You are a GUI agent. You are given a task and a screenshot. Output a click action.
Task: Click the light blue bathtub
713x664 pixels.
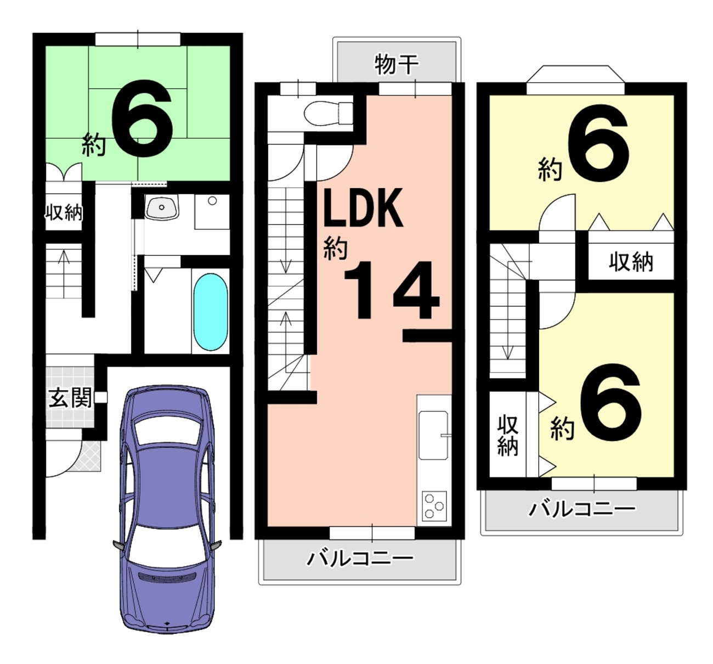pyautogui.click(x=211, y=312)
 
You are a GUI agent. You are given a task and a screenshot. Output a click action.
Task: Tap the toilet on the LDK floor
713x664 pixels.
pyautogui.click(x=328, y=113)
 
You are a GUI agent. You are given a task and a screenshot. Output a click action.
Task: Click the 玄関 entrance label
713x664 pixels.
pyautogui.click(x=70, y=398)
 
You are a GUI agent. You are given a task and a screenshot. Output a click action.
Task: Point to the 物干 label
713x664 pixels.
pyautogui.click(x=397, y=64)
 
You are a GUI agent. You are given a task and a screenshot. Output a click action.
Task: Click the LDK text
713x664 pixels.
pyautogui.click(x=363, y=208)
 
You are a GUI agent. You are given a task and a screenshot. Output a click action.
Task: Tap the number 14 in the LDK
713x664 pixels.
pyautogui.click(x=391, y=290)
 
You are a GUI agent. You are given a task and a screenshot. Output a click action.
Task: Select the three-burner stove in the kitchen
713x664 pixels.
pyautogui.click(x=434, y=506)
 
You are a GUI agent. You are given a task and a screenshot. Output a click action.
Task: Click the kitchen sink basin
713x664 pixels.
pyautogui.click(x=433, y=435)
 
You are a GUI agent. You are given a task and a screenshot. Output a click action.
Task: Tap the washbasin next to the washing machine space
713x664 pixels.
pyautogui.click(x=162, y=207)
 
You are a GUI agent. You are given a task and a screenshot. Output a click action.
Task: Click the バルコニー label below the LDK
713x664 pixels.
pyautogui.click(x=360, y=559)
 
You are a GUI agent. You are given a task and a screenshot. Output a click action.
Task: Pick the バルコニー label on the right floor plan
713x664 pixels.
pyautogui.click(x=582, y=509)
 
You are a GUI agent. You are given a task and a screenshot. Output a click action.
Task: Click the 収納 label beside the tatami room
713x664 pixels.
pyautogui.click(x=64, y=212)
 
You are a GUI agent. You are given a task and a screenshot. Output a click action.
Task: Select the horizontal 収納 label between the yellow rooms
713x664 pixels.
pyautogui.click(x=631, y=262)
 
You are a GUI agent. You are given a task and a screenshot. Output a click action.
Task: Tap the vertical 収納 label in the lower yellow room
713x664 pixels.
pyautogui.click(x=507, y=435)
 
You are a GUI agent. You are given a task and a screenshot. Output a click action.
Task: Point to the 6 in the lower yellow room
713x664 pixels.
pyautogui.click(x=610, y=401)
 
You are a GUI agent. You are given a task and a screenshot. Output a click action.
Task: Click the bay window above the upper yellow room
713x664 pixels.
pyautogui.click(x=575, y=75)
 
